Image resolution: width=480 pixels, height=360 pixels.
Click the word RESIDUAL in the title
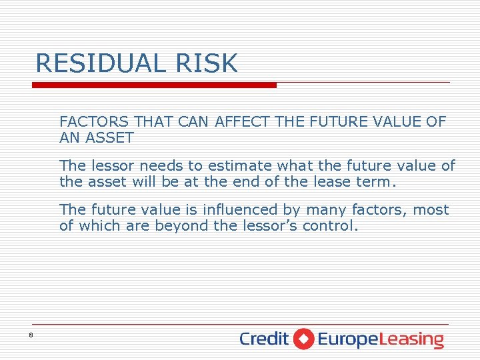[99, 63]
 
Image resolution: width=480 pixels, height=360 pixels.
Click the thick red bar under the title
[154, 85]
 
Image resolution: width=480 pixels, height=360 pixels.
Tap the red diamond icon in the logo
[303, 339]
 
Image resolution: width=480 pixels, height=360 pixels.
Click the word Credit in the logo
[264, 339]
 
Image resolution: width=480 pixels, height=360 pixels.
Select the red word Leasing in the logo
[411, 339]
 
